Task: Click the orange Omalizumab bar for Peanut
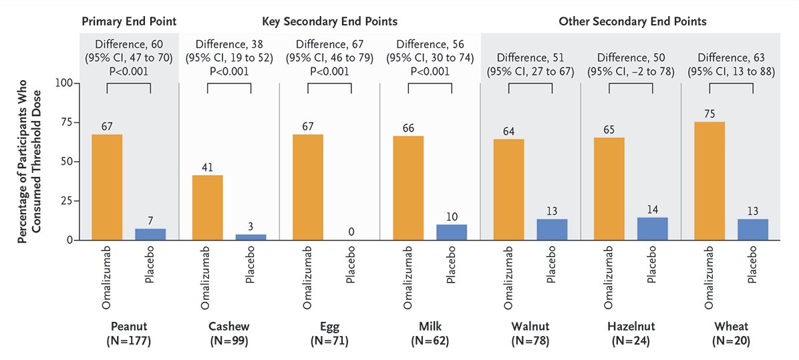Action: tap(107, 187)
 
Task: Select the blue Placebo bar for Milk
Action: tap(452, 232)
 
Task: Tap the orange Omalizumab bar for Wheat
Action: tap(709, 180)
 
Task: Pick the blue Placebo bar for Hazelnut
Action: tap(652, 228)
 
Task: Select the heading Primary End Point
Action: tap(129, 21)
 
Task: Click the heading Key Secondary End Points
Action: tap(329, 21)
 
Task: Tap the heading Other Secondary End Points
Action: tap(632, 21)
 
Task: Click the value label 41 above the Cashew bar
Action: tap(207, 167)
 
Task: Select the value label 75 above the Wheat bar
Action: tap(709, 114)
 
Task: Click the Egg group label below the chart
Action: tap(329, 327)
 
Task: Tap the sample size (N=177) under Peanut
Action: tap(129, 341)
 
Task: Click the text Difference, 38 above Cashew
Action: tap(229, 45)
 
